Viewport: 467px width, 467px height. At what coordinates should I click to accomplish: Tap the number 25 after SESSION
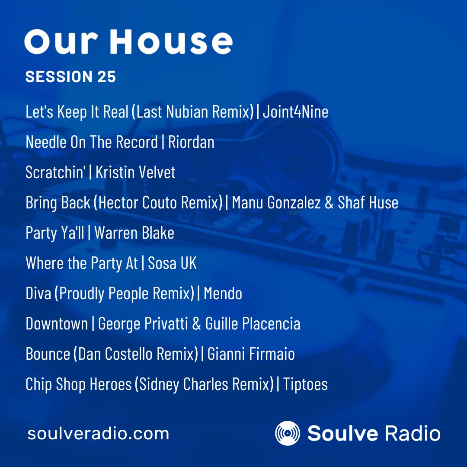tap(106, 77)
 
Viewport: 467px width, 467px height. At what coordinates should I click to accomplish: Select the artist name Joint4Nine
tap(295, 112)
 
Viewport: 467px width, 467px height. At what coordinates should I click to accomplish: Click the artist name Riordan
tap(191, 142)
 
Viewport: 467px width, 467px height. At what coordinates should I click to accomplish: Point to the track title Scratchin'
tap(55, 173)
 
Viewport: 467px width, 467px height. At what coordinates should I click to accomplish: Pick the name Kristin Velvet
tap(135, 173)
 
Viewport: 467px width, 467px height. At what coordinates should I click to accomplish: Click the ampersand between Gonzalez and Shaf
tap(329, 203)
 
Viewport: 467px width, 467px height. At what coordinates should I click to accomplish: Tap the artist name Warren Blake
tap(134, 233)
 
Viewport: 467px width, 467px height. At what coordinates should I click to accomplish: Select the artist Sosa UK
tap(172, 263)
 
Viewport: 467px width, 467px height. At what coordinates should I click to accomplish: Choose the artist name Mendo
tap(223, 294)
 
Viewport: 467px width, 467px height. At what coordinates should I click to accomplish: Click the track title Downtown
tap(57, 324)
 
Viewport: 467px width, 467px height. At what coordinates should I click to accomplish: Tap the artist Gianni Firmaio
tap(251, 354)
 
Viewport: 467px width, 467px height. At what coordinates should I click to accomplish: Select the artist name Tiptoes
tap(305, 384)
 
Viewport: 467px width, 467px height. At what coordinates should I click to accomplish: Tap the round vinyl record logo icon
tap(288, 433)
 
